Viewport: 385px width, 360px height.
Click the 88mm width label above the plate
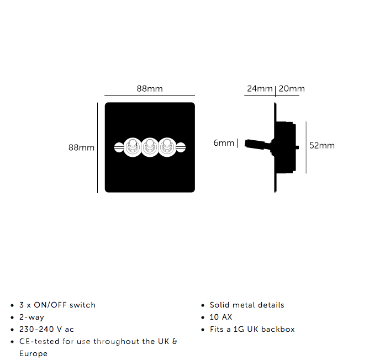click(150, 88)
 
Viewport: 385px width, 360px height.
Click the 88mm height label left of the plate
click(81, 147)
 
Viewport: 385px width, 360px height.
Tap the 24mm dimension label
click(260, 88)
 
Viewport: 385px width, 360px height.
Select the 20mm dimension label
click(292, 88)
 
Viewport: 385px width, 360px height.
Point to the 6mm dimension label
click(224, 143)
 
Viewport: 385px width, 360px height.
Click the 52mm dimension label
click(322, 146)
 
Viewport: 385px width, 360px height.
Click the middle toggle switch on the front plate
click(150, 147)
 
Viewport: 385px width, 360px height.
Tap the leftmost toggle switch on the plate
click(133, 147)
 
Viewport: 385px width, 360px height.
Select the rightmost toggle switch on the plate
click(167, 147)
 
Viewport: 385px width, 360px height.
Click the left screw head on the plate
click(119, 147)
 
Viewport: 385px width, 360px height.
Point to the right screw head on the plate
click(181, 147)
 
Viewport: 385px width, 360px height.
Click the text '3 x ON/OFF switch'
click(57, 305)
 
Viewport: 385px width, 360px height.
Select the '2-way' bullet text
click(31, 317)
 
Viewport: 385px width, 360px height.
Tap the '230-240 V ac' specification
click(46, 329)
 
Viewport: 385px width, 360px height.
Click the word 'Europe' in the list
click(33, 353)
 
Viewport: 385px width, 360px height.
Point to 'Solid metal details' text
click(247, 305)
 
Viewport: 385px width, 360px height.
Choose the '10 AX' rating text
click(221, 317)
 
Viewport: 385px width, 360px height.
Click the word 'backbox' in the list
click(278, 329)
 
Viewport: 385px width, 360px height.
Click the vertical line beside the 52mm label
click(306, 147)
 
